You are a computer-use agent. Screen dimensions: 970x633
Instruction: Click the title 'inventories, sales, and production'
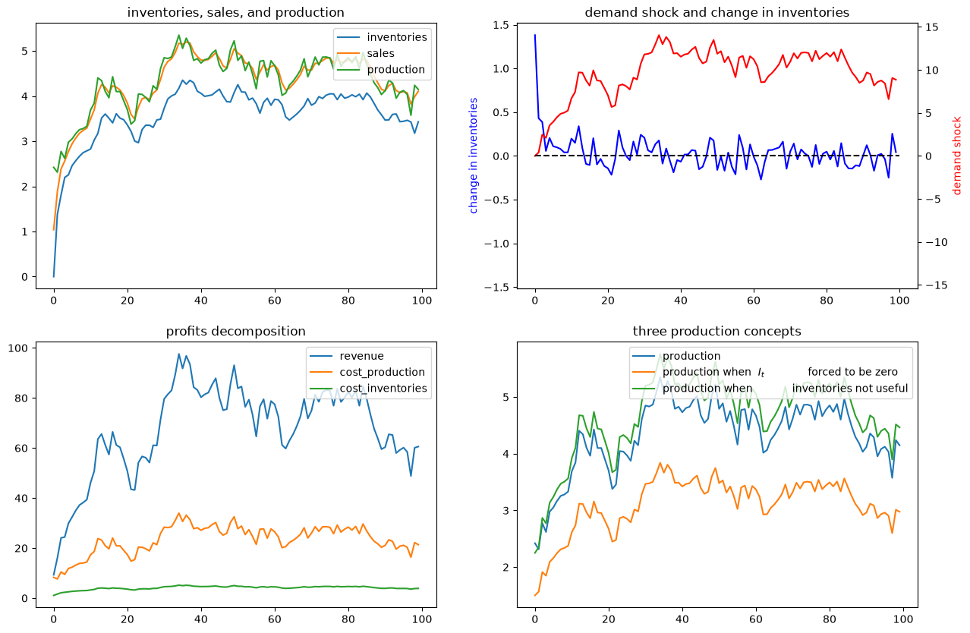[x=235, y=13]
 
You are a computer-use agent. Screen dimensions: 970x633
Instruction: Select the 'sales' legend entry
[x=381, y=53]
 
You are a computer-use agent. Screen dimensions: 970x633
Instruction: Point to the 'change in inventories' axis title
[x=473, y=156]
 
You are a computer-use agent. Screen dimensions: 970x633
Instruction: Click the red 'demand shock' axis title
[x=956, y=156]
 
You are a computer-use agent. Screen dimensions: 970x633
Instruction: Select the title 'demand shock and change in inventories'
[x=716, y=13]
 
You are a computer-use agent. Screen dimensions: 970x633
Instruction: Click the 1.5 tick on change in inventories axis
[x=501, y=25]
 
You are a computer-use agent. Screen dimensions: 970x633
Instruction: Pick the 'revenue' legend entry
[x=361, y=356]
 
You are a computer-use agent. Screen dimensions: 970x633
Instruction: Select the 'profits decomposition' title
[x=235, y=331]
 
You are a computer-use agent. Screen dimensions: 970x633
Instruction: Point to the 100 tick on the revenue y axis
[x=17, y=348]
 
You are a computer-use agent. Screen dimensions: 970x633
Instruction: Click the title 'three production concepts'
[x=716, y=331]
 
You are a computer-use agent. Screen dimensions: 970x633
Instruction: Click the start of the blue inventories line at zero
[x=54, y=277]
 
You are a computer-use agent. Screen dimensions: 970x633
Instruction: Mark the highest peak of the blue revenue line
[x=179, y=354]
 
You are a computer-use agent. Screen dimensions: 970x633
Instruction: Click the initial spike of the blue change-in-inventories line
[x=535, y=35]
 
